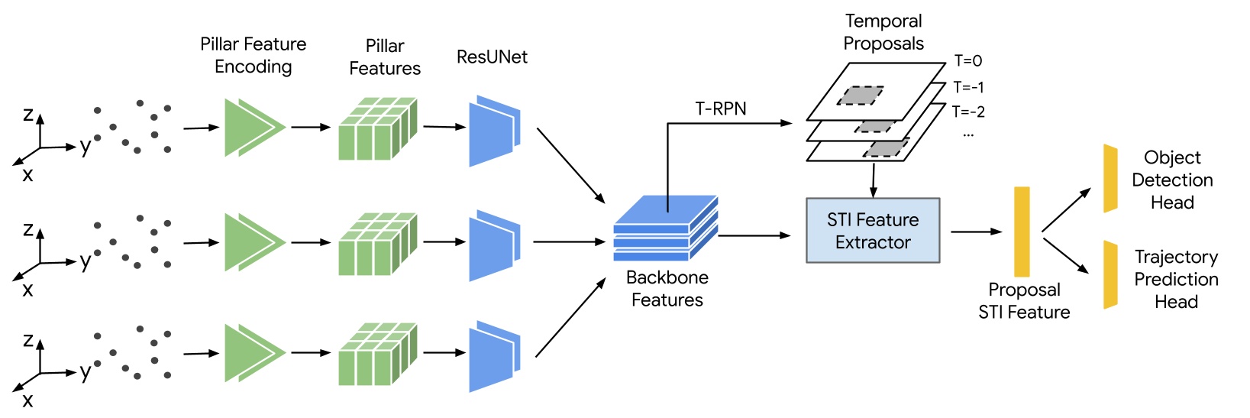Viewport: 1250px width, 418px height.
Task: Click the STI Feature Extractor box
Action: pyautogui.click(x=873, y=231)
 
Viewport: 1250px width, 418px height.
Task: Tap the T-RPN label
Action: pyautogui.click(x=720, y=109)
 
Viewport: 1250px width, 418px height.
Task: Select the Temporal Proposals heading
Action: pyautogui.click(x=883, y=32)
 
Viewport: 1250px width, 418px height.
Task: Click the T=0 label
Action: pyautogui.click(x=967, y=61)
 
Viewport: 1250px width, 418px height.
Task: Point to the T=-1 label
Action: pyautogui.click(x=968, y=87)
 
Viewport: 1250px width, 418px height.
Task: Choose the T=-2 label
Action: pyautogui.click(x=968, y=112)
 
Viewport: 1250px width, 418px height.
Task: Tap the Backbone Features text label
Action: pyautogui.click(x=667, y=289)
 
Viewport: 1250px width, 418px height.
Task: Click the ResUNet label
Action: pyautogui.click(x=492, y=57)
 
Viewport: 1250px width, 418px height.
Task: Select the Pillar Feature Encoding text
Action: pyautogui.click(x=253, y=55)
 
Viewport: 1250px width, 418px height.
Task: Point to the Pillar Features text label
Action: pyautogui.click(x=385, y=57)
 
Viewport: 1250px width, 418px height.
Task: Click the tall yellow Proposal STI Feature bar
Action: pyautogui.click(x=1022, y=232)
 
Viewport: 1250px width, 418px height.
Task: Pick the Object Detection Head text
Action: pyautogui.click(x=1172, y=180)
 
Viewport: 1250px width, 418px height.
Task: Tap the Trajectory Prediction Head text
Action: pyautogui.click(x=1176, y=280)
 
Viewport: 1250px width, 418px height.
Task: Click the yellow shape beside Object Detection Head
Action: pyautogui.click(x=1110, y=179)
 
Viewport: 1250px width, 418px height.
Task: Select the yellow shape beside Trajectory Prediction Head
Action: pyautogui.click(x=1110, y=275)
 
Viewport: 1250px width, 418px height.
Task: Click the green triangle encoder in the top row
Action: pyautogui.click(x=253, y=128)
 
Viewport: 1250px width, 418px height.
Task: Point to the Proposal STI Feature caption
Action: pyautogui.click(x=1024, y=301)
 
